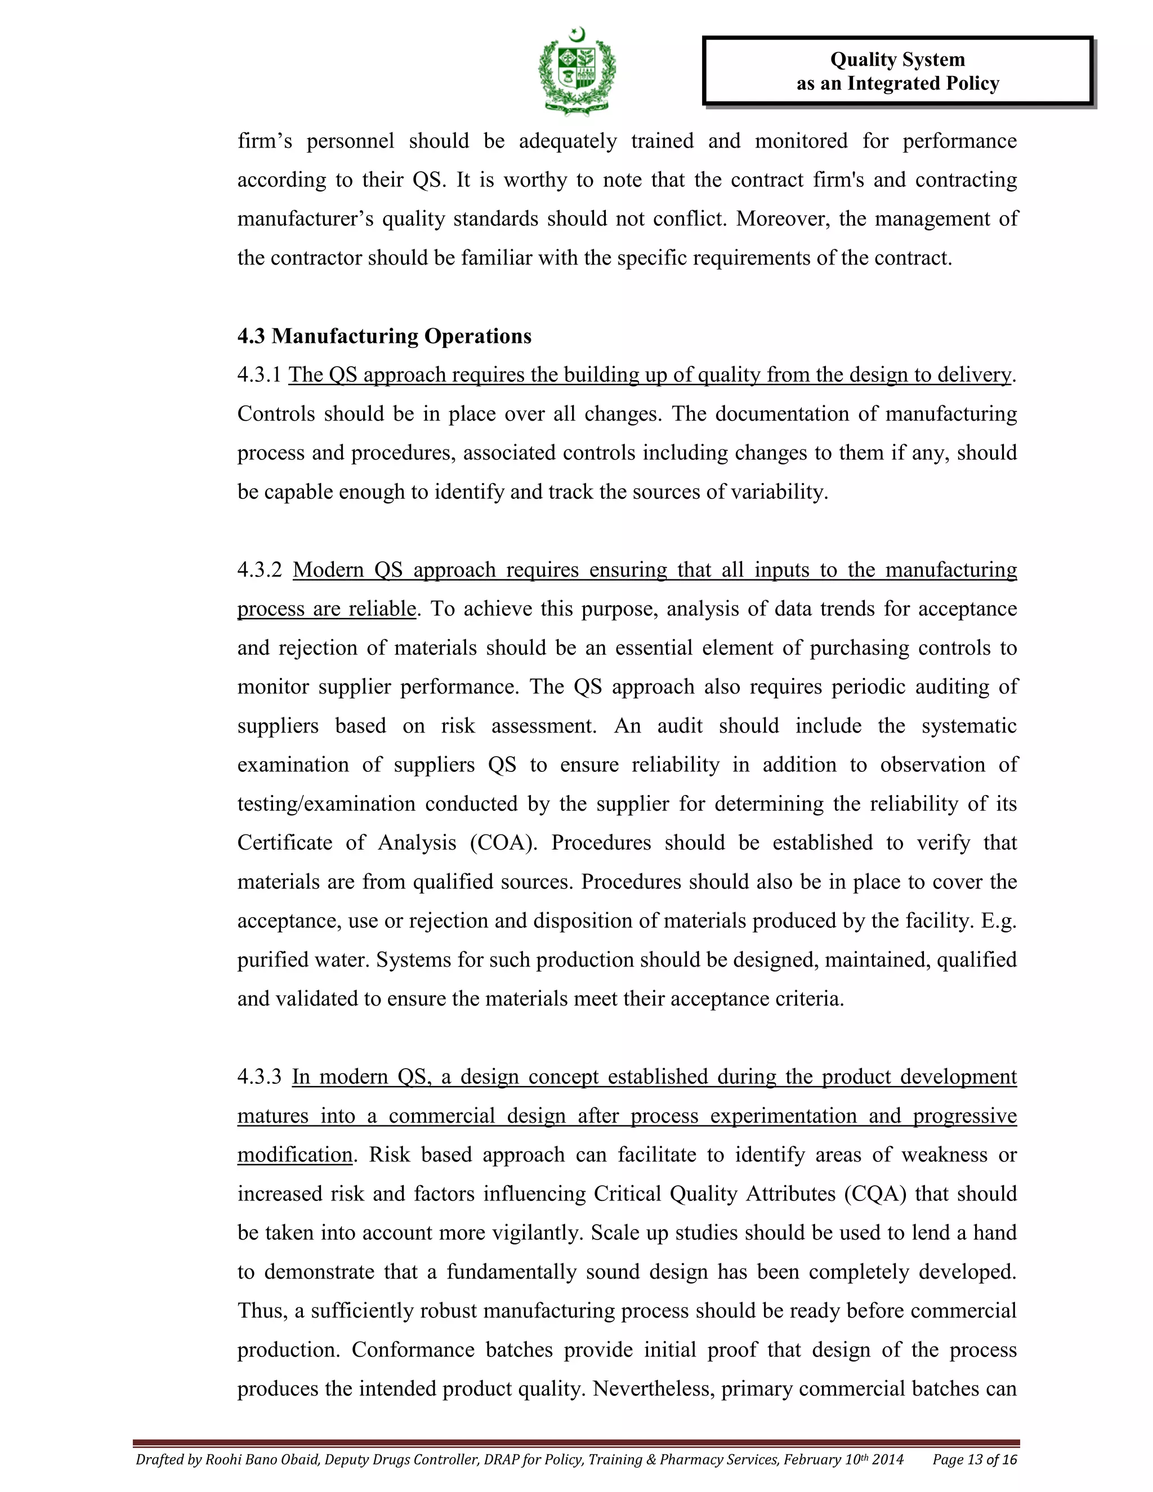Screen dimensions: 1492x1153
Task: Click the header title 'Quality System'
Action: click(x=897, y=60)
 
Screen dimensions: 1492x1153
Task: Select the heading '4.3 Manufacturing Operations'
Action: click(x=384, y=336)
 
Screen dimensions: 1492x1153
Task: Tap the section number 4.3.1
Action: click(x=259, y=375)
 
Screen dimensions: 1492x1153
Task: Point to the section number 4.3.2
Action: click(x=260, y=570)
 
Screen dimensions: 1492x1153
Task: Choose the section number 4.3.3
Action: click(x=260, y=1077)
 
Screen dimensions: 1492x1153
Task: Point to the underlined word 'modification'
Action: click(x=294, y=1155)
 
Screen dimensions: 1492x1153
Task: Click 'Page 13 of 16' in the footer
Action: click(x=975, y=1460)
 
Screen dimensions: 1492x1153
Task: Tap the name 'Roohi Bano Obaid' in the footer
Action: click(x=263, y=1460)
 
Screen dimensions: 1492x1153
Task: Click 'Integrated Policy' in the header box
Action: click(x=923, y=84)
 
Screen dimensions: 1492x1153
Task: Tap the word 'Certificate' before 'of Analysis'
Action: click(x=284, y=843)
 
